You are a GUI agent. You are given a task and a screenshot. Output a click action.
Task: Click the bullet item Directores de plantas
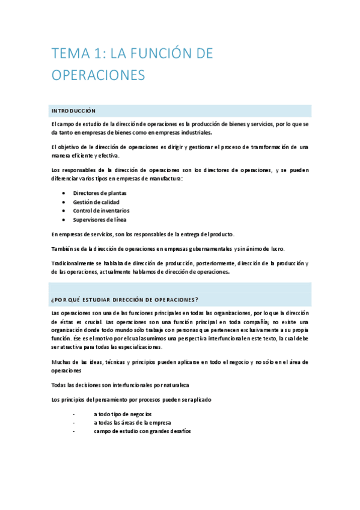99,193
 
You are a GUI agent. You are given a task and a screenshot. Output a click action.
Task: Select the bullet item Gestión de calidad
96,202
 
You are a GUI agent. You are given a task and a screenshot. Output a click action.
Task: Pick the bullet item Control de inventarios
101,210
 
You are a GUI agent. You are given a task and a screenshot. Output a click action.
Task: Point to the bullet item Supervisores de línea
100,220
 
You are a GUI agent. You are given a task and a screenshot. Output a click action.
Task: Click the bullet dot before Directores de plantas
64,193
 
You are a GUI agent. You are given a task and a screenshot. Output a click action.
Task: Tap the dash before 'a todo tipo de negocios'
73,414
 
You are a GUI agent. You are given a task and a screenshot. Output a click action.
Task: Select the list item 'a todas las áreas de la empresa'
133,423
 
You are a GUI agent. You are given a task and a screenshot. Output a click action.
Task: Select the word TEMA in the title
69,54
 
